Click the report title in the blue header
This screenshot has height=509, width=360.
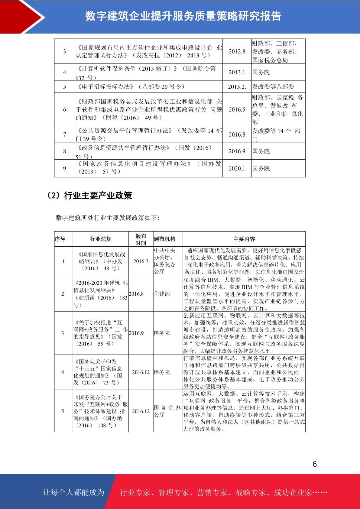(x=183, y=16)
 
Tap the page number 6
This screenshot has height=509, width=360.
(x=315, y=464)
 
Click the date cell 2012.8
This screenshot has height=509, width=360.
(x=237, y=51)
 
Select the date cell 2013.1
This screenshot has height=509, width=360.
(x=237, y=72)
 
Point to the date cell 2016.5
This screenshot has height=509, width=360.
(x=237, y=109)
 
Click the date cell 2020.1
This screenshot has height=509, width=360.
(x=237, y=168)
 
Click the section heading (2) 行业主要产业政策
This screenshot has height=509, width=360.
(x=89, y=196)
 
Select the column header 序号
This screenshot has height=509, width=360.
(x=60, y=239)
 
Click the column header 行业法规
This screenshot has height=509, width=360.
(x=101, y=239)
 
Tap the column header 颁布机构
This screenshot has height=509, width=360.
(x=164, y=239)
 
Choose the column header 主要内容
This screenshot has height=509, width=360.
(x=244, y=239)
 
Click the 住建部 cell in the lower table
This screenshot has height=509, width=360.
(x=162, y=294)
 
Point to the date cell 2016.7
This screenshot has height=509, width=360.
(x=141, y=261)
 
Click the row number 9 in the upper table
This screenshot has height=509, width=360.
(x=64, y=168)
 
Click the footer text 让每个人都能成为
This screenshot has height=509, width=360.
(x=74, y=492)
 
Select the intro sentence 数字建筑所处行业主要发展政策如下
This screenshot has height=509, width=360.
(x=108, y=218)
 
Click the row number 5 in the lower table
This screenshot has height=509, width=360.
(x=63, y=411)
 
